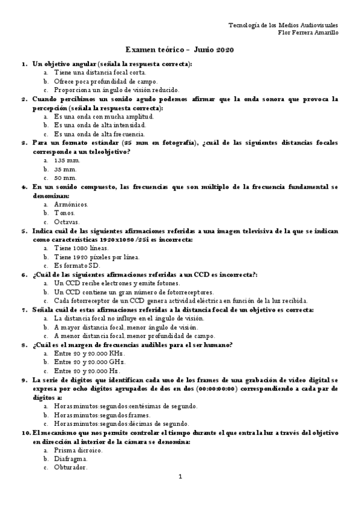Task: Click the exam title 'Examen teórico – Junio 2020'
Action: pyautogui.click(x=180, y=49)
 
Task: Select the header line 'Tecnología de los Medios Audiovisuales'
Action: pyautogui.click(x=284, y=25)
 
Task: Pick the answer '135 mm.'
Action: pyautogui.click(x=67, y=161)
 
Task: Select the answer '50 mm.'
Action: pyautogui.click(x=65, y=178)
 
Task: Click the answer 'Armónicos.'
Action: pyautogui.click(x=71, y=204)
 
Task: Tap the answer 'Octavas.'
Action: pyautogui.click(x=67, y=222)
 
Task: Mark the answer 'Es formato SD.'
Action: pyautogui.click(x=76, y=266)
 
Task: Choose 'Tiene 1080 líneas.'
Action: pyautogui.click(x=81, y=248)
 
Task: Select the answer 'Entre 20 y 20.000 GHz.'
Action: pyautogui.click(x=90, y=363)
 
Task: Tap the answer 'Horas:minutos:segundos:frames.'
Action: pyautogui.click(x=102, y=415)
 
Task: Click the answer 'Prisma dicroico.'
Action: pyautogui.click(x=78, y=450)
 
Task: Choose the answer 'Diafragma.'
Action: pyautogui.click(x=70, y=459)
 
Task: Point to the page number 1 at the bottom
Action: pyautogui.click(x=180, y=477)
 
